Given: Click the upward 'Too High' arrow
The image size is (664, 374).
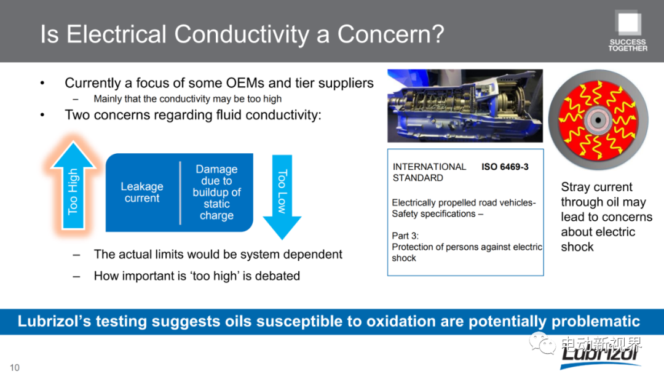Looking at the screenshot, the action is tap(73, 186).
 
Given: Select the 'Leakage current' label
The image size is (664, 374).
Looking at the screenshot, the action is tap(142, 193).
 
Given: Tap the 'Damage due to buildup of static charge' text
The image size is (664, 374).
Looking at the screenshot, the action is tap(216, 193).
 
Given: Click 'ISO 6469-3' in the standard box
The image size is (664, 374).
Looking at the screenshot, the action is tap(505, 167).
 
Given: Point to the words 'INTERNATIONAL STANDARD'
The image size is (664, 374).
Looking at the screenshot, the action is tap(429, 172).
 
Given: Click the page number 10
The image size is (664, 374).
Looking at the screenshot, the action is tap(15, 368).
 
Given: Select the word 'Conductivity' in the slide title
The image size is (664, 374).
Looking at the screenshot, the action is tap(242, 34).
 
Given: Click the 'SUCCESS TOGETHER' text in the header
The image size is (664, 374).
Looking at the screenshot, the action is tap(628, 46).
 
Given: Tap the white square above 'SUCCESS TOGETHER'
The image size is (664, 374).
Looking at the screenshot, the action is tap(629, 23).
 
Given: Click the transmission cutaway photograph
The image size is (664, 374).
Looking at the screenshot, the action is tap(465, 106).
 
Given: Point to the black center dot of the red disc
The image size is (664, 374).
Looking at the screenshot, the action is tap(598, 121).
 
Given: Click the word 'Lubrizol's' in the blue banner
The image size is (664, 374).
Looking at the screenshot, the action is tap(54, 322).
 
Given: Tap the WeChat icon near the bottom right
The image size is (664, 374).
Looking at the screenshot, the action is tap(542, 343).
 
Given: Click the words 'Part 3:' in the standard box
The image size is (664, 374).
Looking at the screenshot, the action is tap(405, 236).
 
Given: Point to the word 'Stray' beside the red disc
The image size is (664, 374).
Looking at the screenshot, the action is tap(575, 187).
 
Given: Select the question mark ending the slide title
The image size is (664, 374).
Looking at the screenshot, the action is tap(438, 34).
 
